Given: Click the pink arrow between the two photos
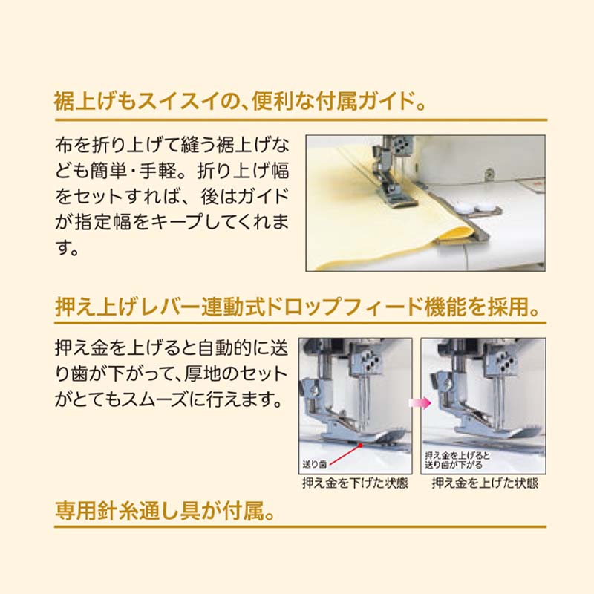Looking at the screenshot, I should (417, 402).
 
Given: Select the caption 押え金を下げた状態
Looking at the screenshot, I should (355, 483).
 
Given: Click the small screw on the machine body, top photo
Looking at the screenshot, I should (489, 174).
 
